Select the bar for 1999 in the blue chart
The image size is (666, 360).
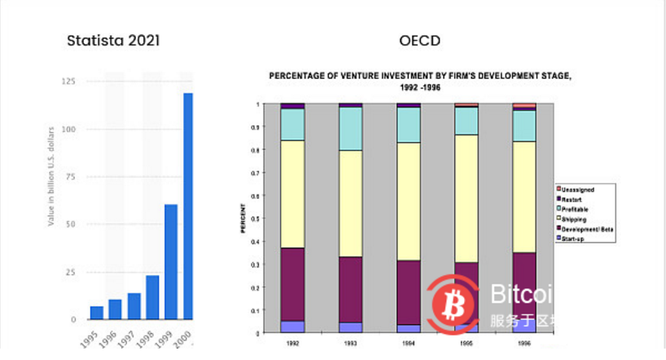pyautogui.click(x=171, y=261)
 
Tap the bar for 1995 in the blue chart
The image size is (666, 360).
pyautogui.click(x=97, y=313)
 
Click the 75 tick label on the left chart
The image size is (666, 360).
pyautogui.click(x=71, y=177)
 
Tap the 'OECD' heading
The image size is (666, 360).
pyautogui.click(x=419, y=40)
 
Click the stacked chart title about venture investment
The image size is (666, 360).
pyautogui.click(x=420, y=81)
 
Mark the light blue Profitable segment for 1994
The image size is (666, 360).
pyautogui.click(x=409, y=125)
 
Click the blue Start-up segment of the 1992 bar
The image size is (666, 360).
pyautogui.click(x=292, y=326)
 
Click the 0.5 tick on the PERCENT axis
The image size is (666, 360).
pyautogui.click(x=260, y=218)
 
